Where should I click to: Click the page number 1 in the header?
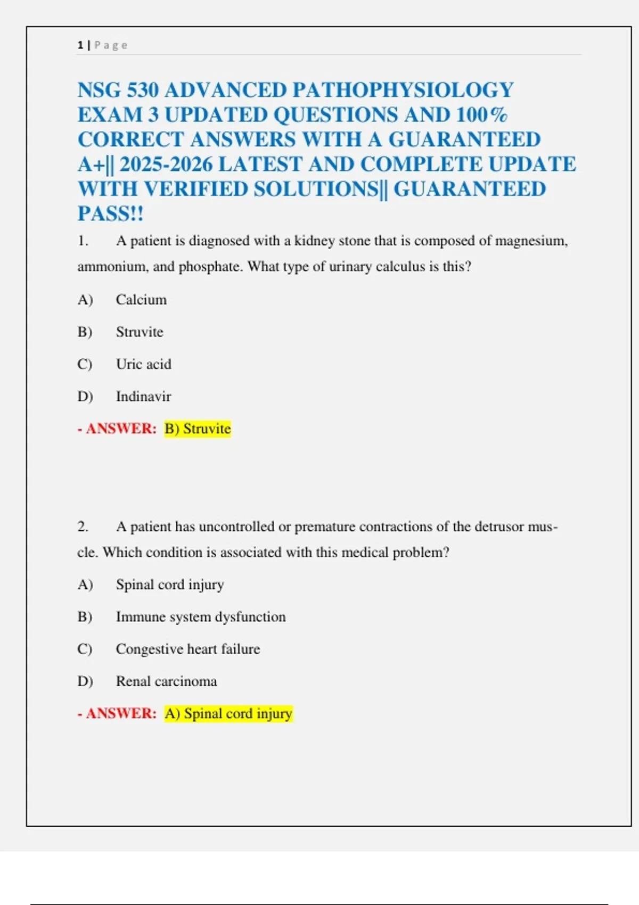click(x=80, y=45)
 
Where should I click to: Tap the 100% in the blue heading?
click(x=482, y=115)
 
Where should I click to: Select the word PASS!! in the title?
click(x=111, y=214)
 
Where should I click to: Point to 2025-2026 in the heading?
click(x=166, y=164)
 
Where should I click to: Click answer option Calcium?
click(x=141, y=300)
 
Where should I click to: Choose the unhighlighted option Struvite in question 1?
click(x=140, y=332)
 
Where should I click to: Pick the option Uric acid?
click(x=144, y=364)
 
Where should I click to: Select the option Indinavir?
click(x=143, y=397)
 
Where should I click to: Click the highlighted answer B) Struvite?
click(x=198, y=429)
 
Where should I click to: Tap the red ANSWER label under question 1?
click(x=121, y=429)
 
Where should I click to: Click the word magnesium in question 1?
click(x=531, y=241)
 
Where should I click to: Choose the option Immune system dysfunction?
click(x=201, y=617)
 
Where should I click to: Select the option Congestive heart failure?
click(x=188, y=649)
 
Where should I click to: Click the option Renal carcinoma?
click(x=166, y=681)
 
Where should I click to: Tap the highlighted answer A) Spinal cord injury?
click(x=228, y=714)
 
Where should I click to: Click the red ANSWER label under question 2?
click(x=121, y=714)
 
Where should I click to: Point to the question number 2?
click(x=83, y=527)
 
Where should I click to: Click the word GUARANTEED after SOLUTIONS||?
click(x=470, y=190)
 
